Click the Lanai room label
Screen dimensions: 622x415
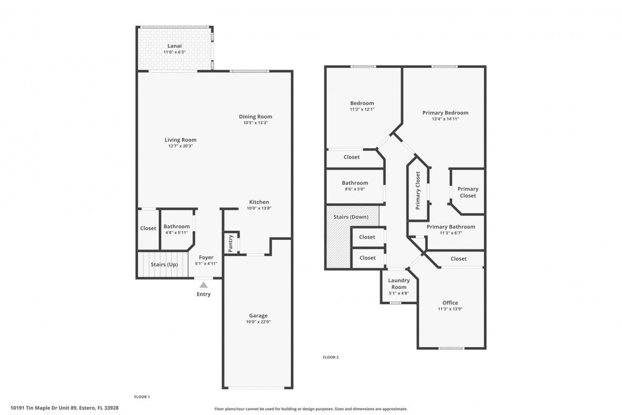click(x=175, y=46)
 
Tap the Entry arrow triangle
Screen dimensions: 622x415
click(x=203, y=285)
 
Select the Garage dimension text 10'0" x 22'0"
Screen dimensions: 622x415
click(x=258, y=322)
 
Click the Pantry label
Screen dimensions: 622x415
click(x=230, y=243)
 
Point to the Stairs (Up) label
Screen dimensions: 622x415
click(x=164, y=265)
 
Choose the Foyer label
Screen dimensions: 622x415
click(x=206, y=257)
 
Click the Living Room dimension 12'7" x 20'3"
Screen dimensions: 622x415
click(x=180, y=146)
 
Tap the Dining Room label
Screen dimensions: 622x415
click(x=256, y=116)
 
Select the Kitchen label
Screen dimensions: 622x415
click(x=259, y=202)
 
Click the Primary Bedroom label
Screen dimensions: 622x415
click(x=445, y=113)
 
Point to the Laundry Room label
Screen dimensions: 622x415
click(x=399, y=284)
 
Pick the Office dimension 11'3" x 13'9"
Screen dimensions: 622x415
click(x=450, y=309)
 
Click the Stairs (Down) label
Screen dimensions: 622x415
click(x=351, y=217)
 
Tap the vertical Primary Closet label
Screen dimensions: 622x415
click(x=418, y=191)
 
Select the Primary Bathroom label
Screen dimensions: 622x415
click(x=451, y=227)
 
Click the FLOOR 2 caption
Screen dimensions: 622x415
click(x=331, y=357)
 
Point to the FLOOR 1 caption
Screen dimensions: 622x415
click(x=142, y=397)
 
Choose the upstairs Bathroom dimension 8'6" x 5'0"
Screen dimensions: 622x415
click(x=355, y=190)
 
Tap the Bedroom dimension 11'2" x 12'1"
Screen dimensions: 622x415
click(x=362, y=109)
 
